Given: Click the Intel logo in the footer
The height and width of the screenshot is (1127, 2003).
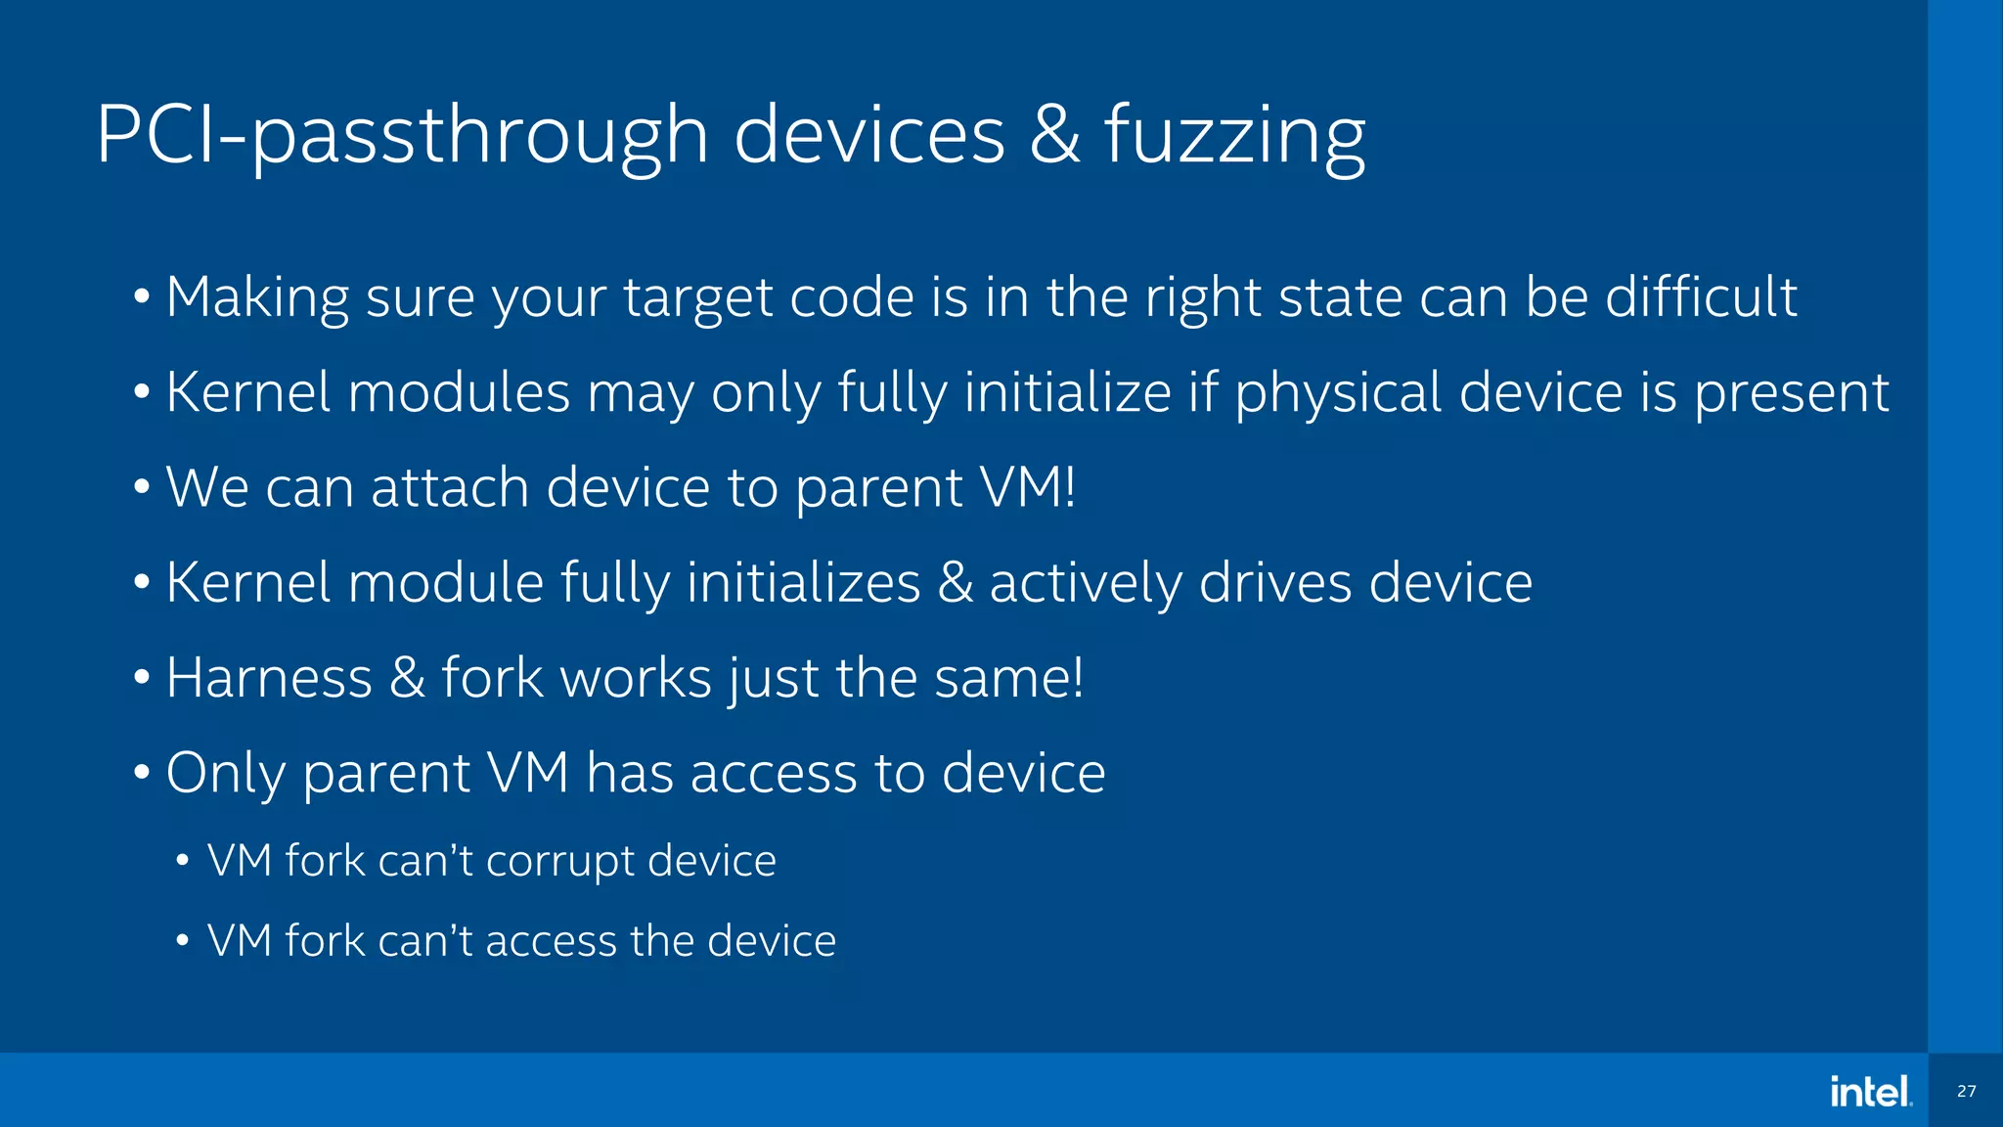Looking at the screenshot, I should (1870, 1091).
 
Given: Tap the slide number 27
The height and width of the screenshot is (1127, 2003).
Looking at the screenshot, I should (1966, 1091).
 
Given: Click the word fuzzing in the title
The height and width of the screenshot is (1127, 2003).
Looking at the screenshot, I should (1234, 137).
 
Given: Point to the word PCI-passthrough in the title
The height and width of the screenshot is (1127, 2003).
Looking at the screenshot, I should (401, 137).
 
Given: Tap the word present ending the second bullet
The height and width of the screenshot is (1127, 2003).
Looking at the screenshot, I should (1791, 393).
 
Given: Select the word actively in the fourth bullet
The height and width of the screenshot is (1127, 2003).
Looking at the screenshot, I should (1086, 583).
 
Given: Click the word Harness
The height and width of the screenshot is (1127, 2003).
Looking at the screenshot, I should (269, 677).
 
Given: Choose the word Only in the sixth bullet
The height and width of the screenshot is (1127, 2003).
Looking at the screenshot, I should (225, 773).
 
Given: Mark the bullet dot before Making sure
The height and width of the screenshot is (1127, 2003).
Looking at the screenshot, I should (142, 296).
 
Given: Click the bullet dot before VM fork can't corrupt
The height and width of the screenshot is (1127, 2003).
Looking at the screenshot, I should (182, 862).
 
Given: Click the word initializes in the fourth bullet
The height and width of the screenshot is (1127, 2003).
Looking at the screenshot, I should (803, 583).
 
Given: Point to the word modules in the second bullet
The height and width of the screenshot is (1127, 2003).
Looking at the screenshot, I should (459, 393).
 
